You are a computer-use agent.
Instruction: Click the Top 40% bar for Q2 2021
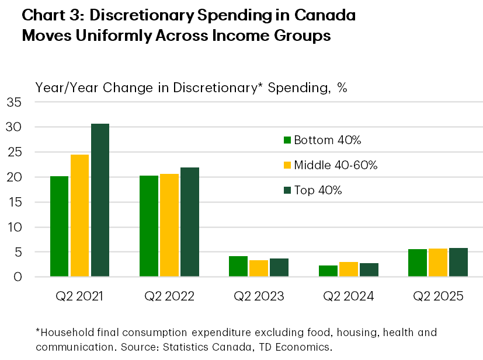coord(100,200)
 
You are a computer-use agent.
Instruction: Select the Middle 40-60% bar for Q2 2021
coord(79,215)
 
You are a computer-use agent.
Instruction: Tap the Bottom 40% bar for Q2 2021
coord(60,226)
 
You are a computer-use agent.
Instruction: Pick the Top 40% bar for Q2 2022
coord(190,222)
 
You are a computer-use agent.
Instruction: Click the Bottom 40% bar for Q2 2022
coord(149,226)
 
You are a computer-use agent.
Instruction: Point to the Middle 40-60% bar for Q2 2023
coord(259,268)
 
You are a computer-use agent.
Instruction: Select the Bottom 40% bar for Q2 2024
coord(328,271)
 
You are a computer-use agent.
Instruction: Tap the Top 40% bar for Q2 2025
coord(458,262)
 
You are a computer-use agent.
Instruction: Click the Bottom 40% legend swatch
coord(287,140)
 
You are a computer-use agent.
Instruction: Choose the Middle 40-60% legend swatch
coord(287,165)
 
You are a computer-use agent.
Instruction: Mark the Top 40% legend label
coord(318,190)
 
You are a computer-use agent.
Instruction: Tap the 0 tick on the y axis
coord(18,277)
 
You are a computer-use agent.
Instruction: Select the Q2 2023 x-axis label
coord(259,296)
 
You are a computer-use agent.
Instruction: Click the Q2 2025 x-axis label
coord(438,296)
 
